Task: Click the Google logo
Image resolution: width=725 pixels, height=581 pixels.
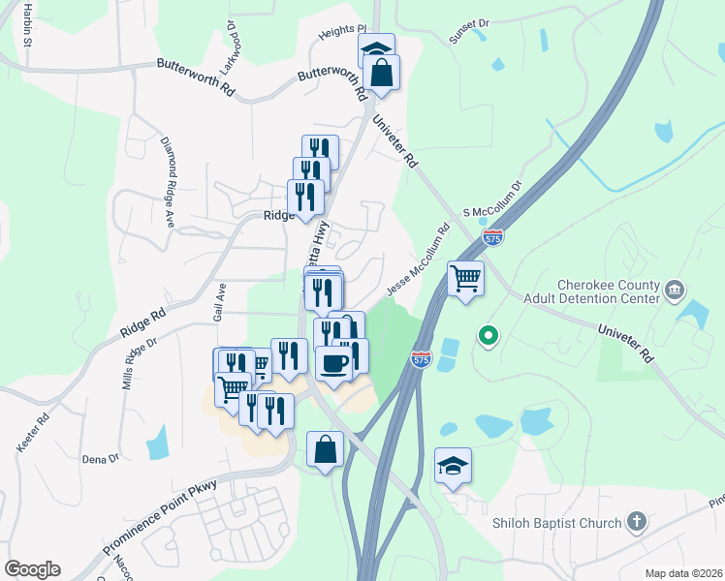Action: point(32,569)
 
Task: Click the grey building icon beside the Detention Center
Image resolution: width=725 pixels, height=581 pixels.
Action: point(676,289)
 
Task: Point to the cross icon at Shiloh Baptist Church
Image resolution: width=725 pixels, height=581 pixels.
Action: point(636,523)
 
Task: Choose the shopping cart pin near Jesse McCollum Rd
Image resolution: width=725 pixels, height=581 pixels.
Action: point(466,279)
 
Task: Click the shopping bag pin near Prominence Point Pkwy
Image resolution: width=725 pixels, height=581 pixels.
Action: point(325,449)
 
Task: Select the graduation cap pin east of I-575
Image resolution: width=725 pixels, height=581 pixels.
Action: point(453,466)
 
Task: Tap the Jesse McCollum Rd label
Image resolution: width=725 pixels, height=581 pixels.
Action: point(419,260)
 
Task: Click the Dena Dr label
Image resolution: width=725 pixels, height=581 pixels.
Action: point(100,458)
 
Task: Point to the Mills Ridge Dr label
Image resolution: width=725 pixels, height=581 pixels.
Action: point(139,363)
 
